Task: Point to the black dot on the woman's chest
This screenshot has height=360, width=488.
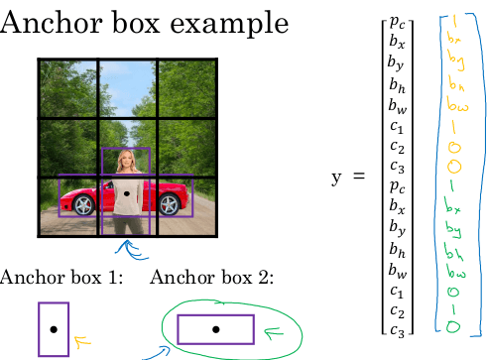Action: coord(126,194)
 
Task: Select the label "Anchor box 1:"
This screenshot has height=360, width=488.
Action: coord(61,277)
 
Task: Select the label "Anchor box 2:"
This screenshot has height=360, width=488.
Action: coord(211,277)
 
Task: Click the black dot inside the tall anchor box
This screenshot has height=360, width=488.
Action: coord(54,328)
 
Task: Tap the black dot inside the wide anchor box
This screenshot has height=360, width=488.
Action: coord(215,327)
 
